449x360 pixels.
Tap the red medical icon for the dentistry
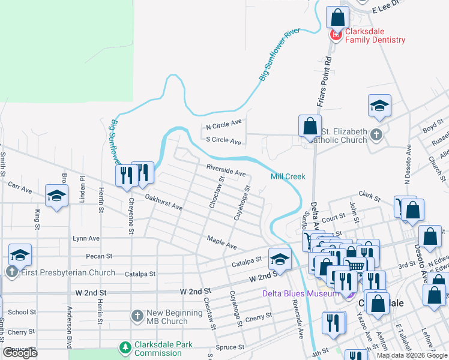tap(335, 36)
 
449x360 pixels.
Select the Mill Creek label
tap(288, 176)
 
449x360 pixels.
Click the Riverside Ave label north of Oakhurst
tap(226, 170)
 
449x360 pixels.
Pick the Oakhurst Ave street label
tap(164, 202)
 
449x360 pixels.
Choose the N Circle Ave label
tap(223, 124)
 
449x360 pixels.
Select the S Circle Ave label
tap(223, 141)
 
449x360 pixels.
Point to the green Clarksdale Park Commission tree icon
tap(125, 348)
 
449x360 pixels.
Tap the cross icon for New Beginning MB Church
tap(137, 316)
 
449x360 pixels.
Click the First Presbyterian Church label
tap(68, 273)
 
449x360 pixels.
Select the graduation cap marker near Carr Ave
tap(57, 196)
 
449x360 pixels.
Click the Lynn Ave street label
tap(86, 238)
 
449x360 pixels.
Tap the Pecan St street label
tap(100, 256)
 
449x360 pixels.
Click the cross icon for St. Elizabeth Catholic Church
tap(376, 134)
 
